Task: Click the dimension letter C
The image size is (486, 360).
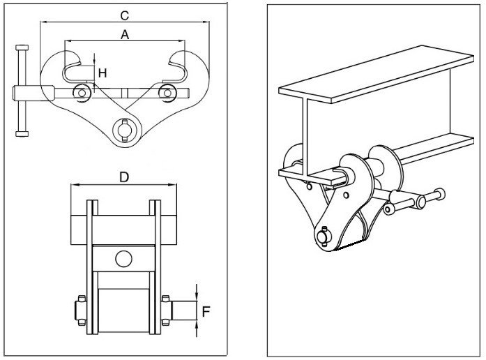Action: [x=124, y=14]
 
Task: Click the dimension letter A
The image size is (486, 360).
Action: [x=124, y=35]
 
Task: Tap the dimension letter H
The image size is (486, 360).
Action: [x=102, y=72]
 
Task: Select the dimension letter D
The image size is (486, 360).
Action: [x=124, y=177]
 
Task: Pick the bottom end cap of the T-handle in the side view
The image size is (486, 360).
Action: [x=20, y=133]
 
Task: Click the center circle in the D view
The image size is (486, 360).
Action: [x=124, y=258]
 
